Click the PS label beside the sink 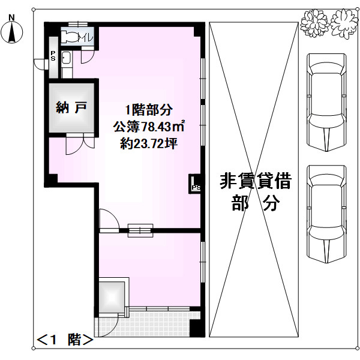(53, 58)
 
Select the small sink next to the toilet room (65, 58)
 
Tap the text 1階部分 (149, 110)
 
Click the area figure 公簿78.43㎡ (149, 127)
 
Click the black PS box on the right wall (196, 185)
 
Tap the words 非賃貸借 (256, 181)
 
